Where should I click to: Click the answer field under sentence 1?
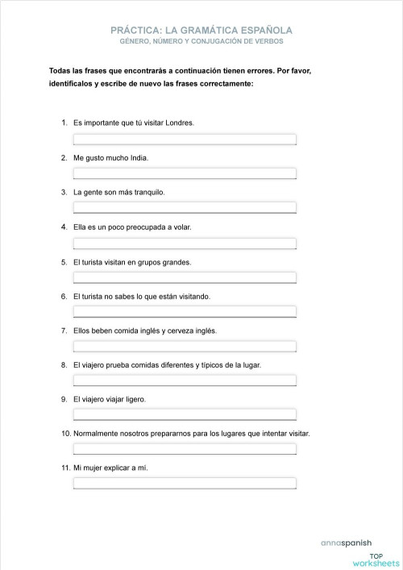[185, 139]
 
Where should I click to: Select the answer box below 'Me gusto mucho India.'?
[185, 173]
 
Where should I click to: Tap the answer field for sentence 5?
[185, 277]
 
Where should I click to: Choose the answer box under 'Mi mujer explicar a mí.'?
[185, 484]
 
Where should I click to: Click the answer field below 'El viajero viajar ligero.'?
[185, 414]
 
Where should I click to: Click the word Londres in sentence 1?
[179, 123]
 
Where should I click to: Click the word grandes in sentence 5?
[176, 262]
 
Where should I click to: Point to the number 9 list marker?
[64, 399]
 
